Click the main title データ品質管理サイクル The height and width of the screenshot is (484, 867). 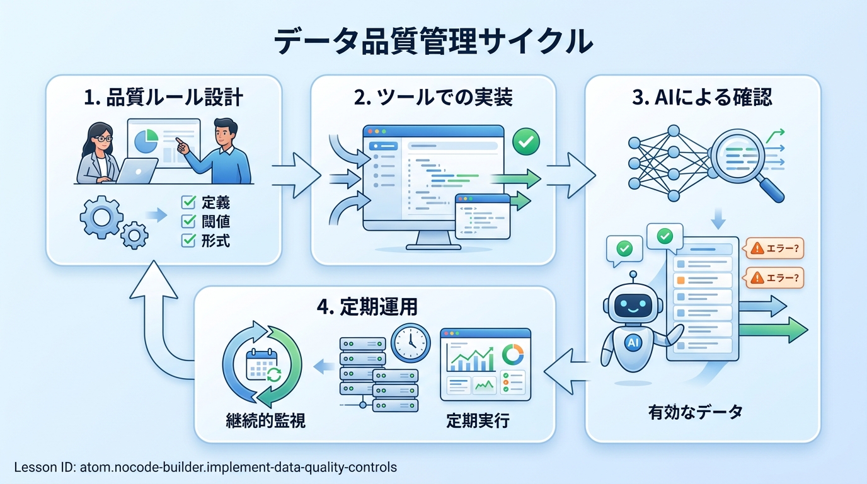point(433,41)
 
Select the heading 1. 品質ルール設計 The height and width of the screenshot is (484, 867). point(163,97)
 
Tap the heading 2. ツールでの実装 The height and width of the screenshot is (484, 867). point(433,97)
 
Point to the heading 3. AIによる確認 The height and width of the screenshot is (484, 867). point(702,97)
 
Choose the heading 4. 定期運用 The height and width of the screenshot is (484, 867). point(367,307)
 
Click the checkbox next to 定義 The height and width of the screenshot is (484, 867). point(188,202)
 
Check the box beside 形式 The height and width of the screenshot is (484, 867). point(188,241)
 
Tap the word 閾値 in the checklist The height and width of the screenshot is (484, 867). point(215,221)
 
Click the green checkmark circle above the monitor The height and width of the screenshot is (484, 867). point(526,142)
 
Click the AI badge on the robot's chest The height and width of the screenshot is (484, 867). point(633,342)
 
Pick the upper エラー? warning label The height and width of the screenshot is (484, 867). point(775,248)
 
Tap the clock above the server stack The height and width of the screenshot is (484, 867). point(411,343)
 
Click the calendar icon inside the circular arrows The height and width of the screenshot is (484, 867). point(262,365)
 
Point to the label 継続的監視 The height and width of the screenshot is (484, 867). point(265,420)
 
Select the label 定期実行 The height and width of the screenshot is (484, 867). point(478,420)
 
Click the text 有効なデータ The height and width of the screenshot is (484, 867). point(696,412)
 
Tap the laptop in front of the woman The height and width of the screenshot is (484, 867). point(137,171)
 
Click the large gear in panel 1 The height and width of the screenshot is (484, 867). point(101,217)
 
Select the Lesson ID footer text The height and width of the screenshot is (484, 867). point(205,468)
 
